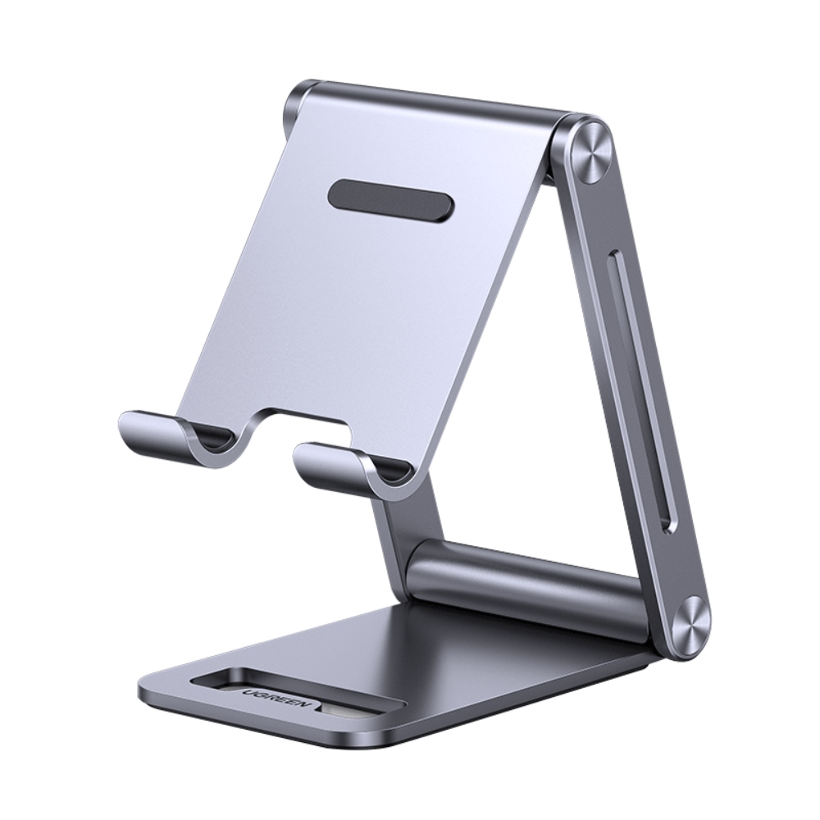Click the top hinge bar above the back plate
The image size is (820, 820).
[443, 103]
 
